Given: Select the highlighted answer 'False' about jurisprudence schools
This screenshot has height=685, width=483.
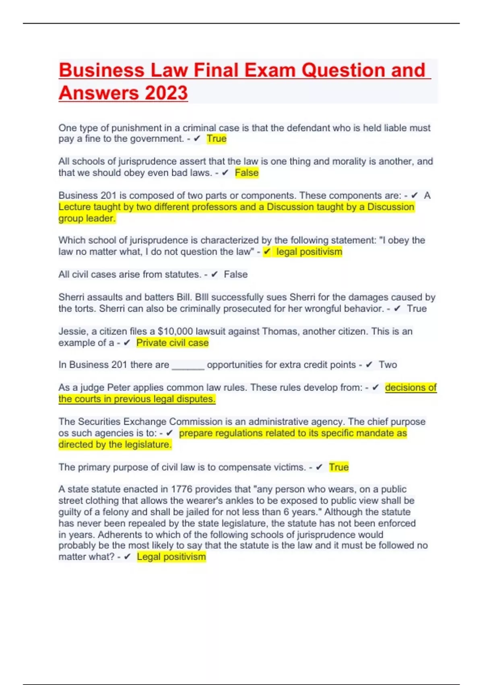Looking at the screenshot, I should click(246, 173).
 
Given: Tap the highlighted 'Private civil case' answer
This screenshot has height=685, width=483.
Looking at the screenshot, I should click(172, 343).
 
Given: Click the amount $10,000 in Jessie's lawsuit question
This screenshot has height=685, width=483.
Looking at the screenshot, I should click(175, 332).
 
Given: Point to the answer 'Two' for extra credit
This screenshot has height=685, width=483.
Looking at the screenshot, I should click(388, 365).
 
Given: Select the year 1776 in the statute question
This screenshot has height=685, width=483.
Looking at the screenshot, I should click(182, 489).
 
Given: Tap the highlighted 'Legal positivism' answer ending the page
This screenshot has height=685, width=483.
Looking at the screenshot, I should click(171, 557).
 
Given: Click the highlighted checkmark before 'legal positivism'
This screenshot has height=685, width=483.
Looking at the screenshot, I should click(267, 252).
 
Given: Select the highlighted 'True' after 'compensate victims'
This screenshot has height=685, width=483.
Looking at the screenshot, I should click(339, 467).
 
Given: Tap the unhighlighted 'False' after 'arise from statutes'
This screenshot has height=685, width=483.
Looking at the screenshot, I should click(235, 275).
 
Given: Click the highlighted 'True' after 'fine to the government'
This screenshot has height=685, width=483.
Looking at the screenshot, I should click(217, 139).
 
